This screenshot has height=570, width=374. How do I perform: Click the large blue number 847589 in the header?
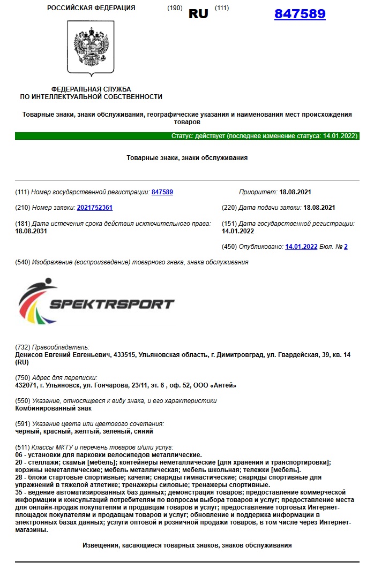300,14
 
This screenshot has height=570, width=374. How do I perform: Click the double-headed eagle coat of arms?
91,48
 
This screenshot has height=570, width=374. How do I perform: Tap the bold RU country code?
198,14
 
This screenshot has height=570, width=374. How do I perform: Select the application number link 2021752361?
95,207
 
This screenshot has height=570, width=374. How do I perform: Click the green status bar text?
264,136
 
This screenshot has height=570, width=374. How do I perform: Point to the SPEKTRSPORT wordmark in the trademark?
111,304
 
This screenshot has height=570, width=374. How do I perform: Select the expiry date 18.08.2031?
32,231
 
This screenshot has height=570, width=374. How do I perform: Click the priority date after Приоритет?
295,192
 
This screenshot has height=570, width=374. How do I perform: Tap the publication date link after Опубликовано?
301,247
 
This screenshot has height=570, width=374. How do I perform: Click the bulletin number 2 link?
346,247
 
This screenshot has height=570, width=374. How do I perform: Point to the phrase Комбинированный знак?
47,408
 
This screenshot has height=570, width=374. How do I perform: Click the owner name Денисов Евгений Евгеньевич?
67,355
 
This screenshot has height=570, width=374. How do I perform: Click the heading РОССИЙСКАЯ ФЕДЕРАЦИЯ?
91,8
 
